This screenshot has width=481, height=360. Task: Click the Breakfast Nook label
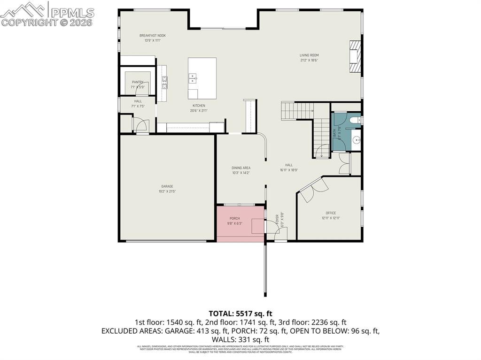[152, 36]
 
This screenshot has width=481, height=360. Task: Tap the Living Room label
[309, 55]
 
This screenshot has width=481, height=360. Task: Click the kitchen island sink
[193, 78]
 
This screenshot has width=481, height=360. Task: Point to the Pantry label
[137, 82]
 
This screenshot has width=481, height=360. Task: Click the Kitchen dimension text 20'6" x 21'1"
[199, 111]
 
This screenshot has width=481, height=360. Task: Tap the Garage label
[167, 186]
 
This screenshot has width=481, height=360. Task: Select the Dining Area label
[240, 168]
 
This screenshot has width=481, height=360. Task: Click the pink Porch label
[234, 219]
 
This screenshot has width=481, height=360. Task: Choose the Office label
[331, 213]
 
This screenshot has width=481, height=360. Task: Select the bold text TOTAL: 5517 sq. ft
[240, 313]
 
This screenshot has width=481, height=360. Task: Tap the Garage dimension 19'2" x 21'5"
[167, 191]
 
